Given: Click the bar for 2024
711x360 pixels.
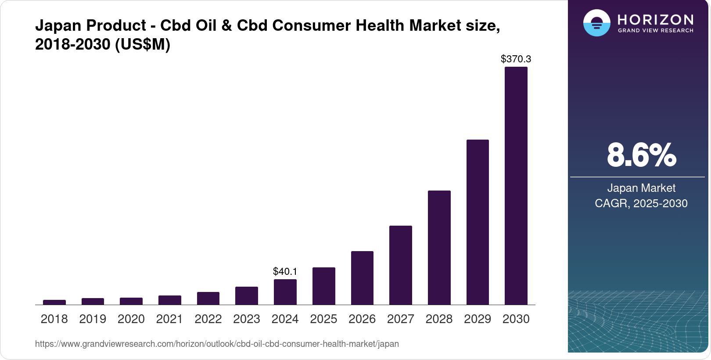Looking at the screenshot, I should coord(285,292).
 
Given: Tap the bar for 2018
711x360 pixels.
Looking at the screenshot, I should coord(54,302).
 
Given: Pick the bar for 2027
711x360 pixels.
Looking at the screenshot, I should coord(400,265).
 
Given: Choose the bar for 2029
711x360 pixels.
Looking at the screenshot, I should coord(478,222).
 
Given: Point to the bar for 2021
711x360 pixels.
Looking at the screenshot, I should coord(169,300).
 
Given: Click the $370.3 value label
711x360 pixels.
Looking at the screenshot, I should coord(516,59).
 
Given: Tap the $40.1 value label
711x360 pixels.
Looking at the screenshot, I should coord(285,271).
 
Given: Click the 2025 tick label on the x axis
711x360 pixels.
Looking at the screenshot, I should coord(323,319).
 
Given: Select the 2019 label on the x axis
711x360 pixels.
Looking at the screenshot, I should coord(93,319).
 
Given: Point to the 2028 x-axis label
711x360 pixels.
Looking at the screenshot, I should coord(439,319).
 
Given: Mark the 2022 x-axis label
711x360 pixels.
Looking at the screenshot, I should coord(208,319).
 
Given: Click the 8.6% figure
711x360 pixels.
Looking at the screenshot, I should coord(641,155).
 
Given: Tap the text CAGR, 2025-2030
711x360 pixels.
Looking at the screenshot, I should coord(641,203).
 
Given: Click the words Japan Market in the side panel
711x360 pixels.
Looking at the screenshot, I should coord(641,188).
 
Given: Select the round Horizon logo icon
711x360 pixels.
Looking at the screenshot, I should coord(596,23).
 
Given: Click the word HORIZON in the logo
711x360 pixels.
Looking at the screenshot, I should coord(655,19).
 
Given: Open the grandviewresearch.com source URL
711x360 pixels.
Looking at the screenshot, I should coord(217,344).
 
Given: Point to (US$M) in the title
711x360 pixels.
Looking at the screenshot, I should coord(142,44).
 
